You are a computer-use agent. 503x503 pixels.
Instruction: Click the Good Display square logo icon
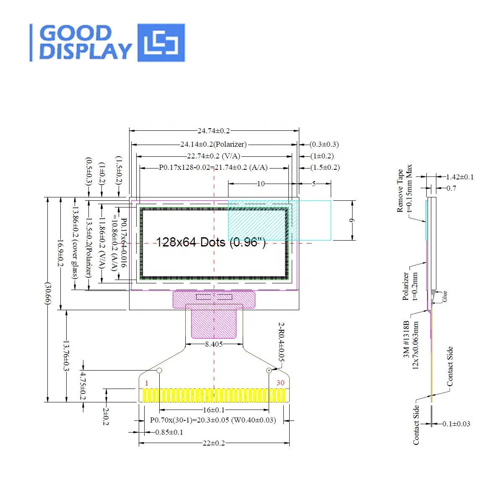coord(161,42)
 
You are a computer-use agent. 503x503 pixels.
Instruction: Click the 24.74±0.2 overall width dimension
coord(214,131)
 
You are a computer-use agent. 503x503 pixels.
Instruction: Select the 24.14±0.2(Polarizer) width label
coord(213,144)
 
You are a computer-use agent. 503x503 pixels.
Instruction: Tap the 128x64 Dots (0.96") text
coord(211,242)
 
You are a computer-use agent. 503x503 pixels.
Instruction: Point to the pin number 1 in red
coord(146,383)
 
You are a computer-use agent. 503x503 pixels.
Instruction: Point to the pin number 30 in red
coord(280,383)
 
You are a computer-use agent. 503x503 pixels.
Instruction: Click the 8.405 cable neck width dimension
coord(214,344)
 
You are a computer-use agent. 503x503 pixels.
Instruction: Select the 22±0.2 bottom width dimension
coord(214,443)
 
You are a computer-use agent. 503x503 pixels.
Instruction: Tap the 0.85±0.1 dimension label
coord(169,432)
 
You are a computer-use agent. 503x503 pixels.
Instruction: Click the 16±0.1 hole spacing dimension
coord(214,410)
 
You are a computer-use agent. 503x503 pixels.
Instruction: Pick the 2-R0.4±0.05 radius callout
coord(281,342)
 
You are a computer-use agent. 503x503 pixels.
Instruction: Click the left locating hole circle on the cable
coord(159,371)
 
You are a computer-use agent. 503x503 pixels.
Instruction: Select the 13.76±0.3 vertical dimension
coord(66,356)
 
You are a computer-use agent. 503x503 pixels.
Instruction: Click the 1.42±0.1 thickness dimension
coord(459,177)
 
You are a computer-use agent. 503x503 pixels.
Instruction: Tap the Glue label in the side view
coord(445,296)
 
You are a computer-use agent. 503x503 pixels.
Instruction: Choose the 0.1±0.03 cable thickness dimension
coord(456,424)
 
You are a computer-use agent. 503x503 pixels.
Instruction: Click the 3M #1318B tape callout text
coord(406,339)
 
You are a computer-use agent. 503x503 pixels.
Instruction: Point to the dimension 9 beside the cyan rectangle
coord(352,220)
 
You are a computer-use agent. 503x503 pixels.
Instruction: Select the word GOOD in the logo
coord(76,34)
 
